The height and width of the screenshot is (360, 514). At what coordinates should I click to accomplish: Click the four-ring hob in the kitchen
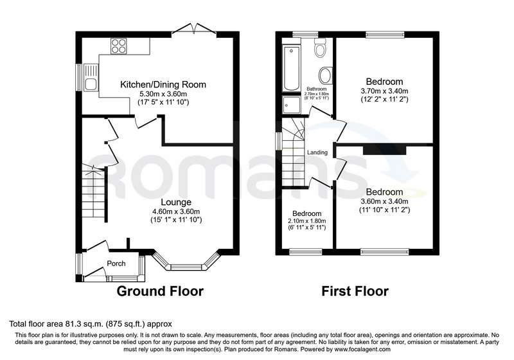point(119,46)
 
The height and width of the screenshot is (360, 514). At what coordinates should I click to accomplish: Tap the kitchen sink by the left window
point(91,78)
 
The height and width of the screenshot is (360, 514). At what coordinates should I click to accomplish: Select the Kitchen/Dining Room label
point(163,85)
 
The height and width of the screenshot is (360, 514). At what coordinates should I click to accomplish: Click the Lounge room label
point(176,203)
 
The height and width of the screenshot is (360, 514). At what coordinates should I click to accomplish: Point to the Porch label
point(116,264)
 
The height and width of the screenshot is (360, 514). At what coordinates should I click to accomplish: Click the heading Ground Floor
point(160,291)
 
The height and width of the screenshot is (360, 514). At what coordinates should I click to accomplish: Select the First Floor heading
point(355,291)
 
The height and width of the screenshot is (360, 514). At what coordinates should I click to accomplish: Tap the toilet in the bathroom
point(319,48)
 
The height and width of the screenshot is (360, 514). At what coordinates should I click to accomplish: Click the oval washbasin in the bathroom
point(326,76)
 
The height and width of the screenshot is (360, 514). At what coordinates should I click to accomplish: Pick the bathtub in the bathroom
point(292,68)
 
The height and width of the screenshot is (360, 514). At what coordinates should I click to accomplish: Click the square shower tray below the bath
point(292,105)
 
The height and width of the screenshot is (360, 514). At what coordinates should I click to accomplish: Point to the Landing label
point(317,152)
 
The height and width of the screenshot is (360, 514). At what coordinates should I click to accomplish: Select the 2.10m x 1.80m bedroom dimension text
point(307,221)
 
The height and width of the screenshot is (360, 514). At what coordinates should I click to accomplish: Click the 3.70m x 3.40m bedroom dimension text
point(384,91)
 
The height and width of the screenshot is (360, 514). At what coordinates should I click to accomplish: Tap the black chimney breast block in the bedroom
point(384,150)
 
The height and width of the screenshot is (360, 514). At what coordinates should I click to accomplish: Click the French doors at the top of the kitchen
point(194,29)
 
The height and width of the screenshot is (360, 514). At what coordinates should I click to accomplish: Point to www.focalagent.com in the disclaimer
point(362,350)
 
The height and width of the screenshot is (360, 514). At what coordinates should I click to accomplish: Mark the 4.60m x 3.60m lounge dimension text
point(176,212)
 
